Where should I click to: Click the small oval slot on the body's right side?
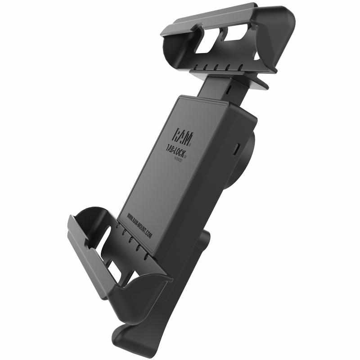coord(238,148)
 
